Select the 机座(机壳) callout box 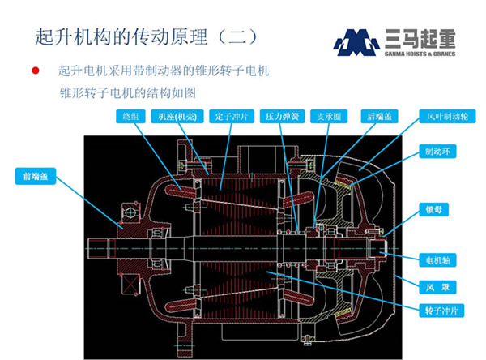click(178, 116)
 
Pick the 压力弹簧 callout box click(282, 116)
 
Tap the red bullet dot click(35, 71)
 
